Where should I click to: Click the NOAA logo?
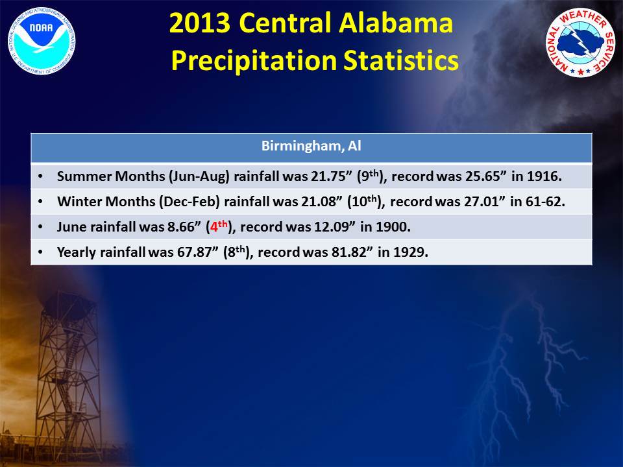pos(41,41)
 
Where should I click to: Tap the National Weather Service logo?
pos(581,42)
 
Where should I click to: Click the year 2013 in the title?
pos(200,23)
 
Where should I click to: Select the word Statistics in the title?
pos(401,60)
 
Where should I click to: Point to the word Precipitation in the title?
pos(254,61)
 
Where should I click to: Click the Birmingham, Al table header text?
pos(311,146)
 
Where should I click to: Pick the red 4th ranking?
pos(219,226)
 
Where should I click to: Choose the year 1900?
pos(393,227)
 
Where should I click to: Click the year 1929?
pos(410,252)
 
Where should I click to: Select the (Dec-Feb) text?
pos(189,202)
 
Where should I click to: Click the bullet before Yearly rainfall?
pos(40,252)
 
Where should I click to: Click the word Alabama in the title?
pos(396,23)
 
